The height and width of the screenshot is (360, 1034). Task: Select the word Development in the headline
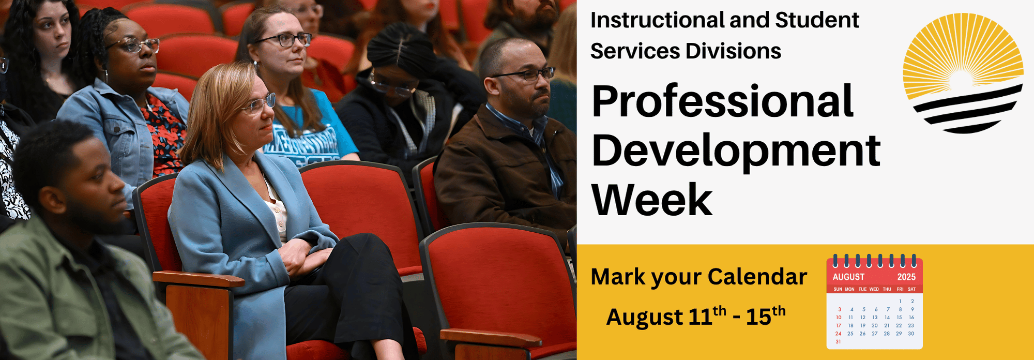click(736, 151)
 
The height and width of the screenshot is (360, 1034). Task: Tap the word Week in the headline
click(652, 200)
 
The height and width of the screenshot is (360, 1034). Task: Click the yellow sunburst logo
click(963, 72)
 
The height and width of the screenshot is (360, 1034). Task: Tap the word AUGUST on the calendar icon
click(848, 277)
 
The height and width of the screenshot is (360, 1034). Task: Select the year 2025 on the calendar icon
click(906, 277)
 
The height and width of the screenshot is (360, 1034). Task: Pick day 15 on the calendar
click(899, 318)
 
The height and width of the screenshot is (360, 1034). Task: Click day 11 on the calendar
click(850, 318)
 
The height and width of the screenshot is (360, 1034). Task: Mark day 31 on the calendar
click(838, 342)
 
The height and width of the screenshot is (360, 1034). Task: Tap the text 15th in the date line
click(765, 316)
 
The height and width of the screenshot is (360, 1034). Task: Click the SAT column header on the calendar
click(911, 290)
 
